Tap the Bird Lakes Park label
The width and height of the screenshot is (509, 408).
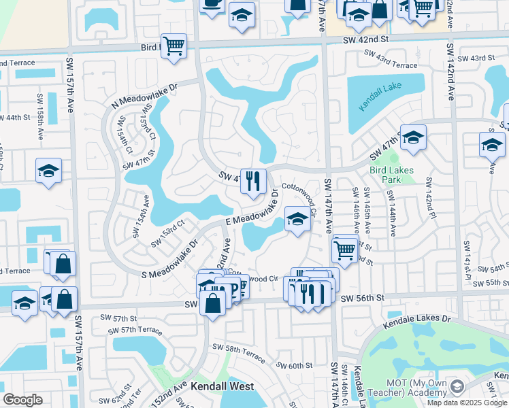[384, 175]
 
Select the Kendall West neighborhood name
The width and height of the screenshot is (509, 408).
[222, 386]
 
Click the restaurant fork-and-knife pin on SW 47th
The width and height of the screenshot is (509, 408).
[253, 181]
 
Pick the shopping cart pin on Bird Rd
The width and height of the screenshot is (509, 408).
[174, 46]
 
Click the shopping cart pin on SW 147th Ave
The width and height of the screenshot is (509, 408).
[345, 250]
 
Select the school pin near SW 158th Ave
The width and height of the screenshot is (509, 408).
[48, 171]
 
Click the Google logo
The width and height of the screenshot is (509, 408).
[22, 400]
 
